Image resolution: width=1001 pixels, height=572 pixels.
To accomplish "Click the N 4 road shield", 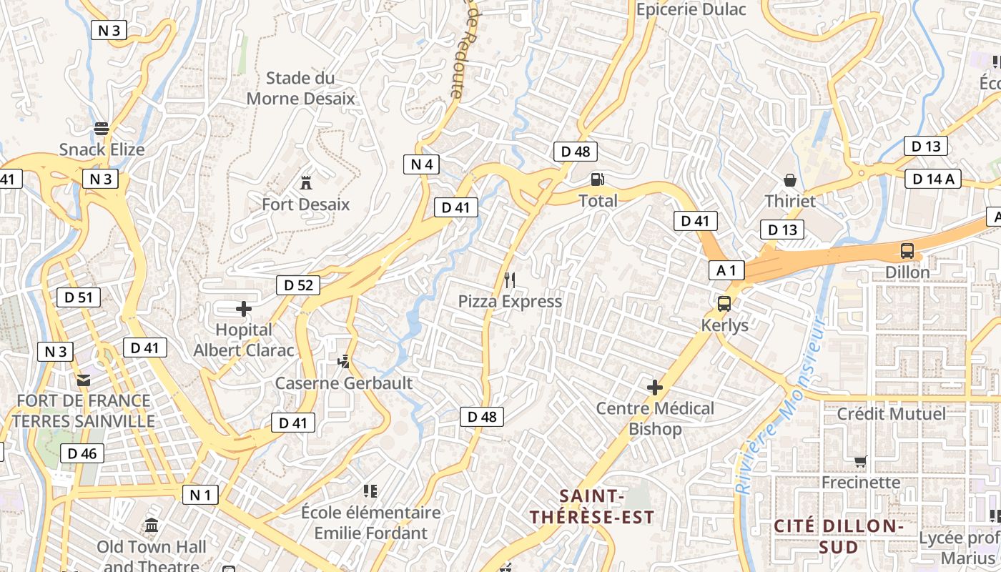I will click(422, 164).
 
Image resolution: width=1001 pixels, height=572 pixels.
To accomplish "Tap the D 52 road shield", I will click(298, 285).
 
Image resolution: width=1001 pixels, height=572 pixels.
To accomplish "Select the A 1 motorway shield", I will click(726, 270).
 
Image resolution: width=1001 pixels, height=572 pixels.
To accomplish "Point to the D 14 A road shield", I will click(933, 179).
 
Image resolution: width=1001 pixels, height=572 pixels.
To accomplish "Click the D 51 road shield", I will click(79, 297).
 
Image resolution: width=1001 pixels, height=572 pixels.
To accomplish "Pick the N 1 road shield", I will click(200, 495).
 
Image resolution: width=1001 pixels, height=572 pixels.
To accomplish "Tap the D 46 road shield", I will click(82, 453).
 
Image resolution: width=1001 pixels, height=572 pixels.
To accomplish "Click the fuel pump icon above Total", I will click(597, 179).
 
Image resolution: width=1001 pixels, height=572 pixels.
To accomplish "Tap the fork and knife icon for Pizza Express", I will click(510, 280).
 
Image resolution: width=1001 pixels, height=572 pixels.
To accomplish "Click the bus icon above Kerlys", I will click(724, 304).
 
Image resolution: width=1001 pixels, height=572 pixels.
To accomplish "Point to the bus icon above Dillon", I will click(907, 251).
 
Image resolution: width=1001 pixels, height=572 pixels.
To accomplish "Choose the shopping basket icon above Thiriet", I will click(790, 179).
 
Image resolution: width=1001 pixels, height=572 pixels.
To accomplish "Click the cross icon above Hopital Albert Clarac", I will click(244, 309).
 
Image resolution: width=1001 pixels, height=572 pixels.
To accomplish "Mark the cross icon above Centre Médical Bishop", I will click(655, 388).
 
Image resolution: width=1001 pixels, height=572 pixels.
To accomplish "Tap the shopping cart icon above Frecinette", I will click(860, 462).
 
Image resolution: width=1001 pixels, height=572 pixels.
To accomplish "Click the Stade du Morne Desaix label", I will click(300, 88).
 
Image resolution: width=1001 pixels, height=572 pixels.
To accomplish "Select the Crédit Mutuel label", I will click(891, 413).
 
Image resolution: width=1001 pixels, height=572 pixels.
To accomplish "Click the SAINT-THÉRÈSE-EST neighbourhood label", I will click(592, 506).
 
